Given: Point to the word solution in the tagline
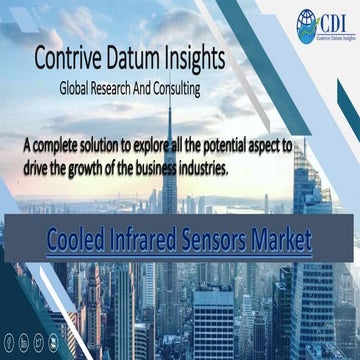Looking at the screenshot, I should [x=119, y=145].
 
